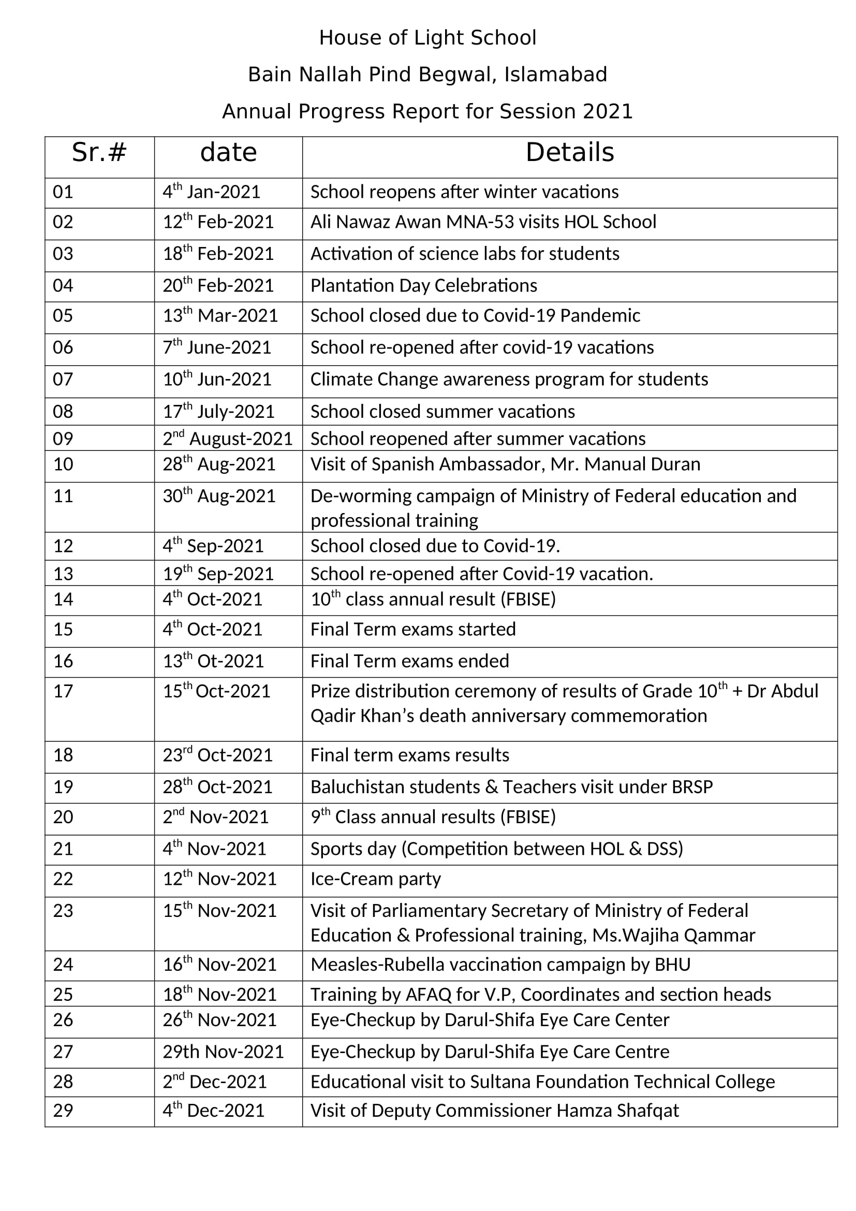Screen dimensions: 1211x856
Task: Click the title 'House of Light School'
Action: point(427,38)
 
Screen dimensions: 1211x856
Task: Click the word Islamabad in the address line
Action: point(555,75)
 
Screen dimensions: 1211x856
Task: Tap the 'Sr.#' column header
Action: point(99,152)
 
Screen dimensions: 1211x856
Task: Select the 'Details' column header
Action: point(570,152)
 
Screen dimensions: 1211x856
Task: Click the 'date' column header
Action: point(228,152)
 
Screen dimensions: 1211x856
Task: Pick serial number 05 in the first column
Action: point(63,316)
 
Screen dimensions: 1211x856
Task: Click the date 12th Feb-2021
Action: point(218,222)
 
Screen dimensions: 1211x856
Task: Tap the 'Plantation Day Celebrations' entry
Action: point(424,286)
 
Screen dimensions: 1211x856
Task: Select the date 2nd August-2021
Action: point(227,439)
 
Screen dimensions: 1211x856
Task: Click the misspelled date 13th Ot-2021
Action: point(213,661)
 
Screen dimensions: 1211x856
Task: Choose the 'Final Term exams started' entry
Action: point(412,629)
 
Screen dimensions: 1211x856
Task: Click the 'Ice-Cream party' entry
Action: point(375,879)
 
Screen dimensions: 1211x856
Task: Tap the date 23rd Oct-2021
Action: point(217,755)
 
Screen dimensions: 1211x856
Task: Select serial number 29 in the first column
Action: point(63,1110)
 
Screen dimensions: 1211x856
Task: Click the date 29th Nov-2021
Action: point(223,1052)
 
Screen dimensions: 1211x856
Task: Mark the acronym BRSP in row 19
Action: point(691,787)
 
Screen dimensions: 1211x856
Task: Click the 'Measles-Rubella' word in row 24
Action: point(377,965)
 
